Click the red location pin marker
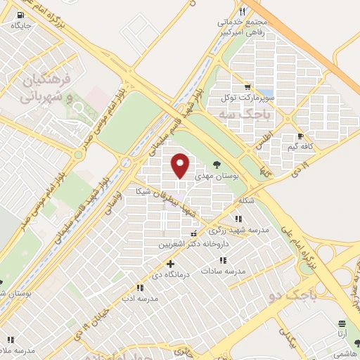pyautogui.click(x=181, y=165)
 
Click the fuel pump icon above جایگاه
pyautogui.click(x=18, y=14)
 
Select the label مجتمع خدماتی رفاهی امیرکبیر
pyautogui.click(x=265, y=27)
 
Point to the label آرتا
pyautogui.click(x=343, y=335)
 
